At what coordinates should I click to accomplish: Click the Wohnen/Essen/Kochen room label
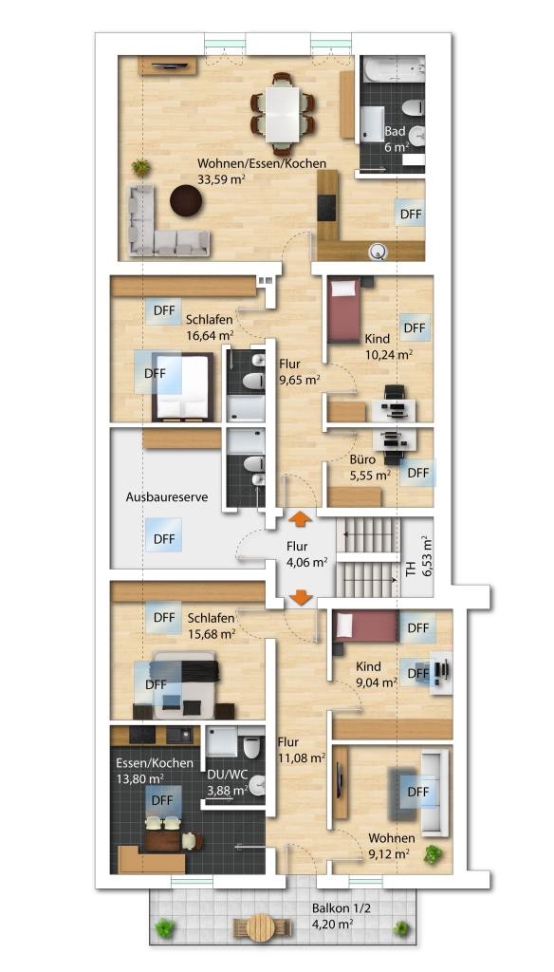262,163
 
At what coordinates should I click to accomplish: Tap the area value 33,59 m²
221,179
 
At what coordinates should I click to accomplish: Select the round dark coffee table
186,201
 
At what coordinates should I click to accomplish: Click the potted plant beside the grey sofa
141,167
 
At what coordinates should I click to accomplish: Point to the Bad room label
395,131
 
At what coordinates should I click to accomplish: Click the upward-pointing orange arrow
301,519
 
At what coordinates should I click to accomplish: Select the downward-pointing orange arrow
301,598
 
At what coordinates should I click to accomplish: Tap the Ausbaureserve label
167,497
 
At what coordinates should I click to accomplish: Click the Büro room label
362,460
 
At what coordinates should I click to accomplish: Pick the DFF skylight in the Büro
418,473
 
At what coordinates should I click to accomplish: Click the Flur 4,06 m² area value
306,563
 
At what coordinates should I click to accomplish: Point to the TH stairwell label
411,570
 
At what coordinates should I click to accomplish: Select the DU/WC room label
225,775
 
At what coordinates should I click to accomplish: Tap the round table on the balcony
262,927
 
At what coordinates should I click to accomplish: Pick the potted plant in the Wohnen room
434,855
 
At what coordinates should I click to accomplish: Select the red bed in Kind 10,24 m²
344,310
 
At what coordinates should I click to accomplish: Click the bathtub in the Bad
393,68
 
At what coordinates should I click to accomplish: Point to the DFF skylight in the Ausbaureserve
164,539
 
